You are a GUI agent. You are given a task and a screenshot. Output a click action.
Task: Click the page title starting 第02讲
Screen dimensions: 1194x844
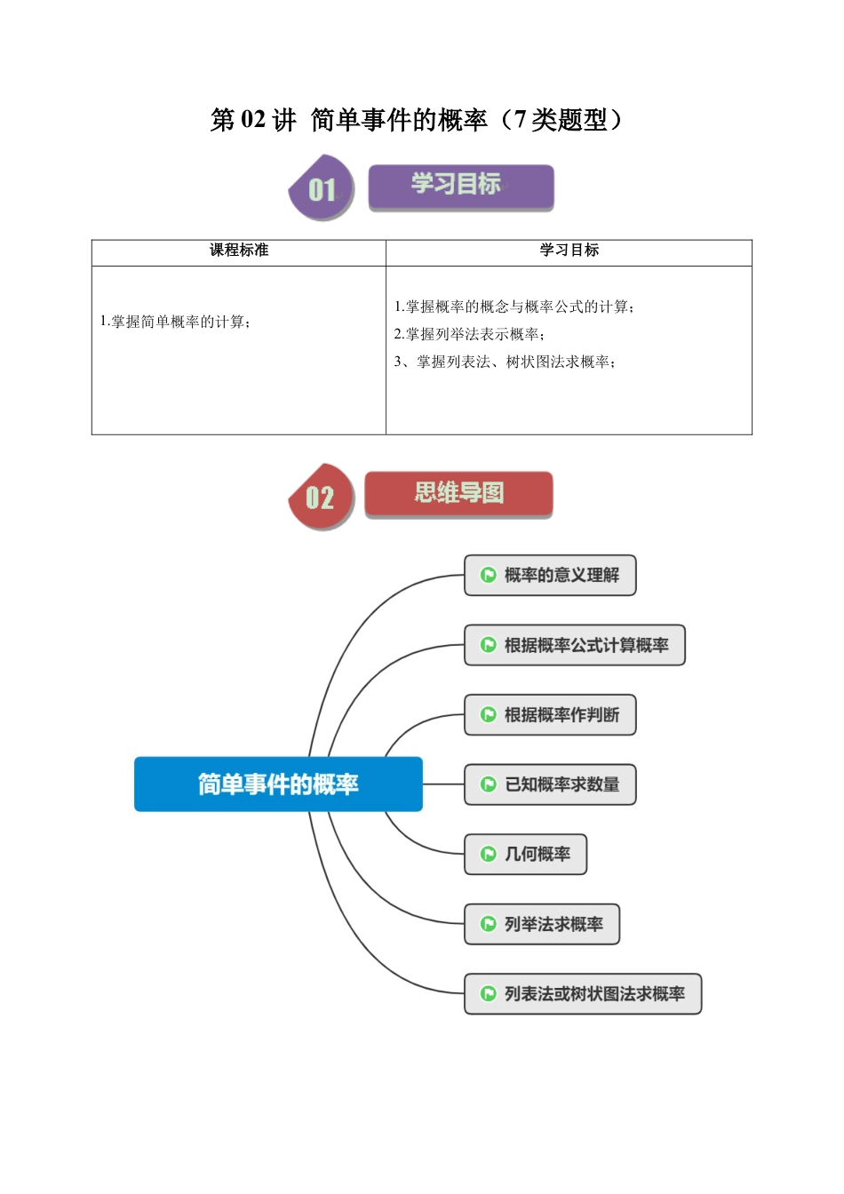click(x=417, y=120)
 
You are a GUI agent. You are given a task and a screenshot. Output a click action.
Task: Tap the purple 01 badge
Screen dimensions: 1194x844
click(x=322, y=188)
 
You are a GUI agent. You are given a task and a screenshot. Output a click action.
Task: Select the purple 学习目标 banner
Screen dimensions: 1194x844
click(x=460, y=187)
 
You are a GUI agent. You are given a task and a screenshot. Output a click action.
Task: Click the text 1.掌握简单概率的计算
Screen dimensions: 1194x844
click(x=175, y=322)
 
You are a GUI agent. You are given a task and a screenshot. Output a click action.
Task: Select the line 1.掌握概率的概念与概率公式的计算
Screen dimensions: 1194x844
click(x=514, y=306)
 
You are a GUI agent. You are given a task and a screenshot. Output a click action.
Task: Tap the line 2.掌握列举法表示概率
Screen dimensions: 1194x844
click(x=469, y=334)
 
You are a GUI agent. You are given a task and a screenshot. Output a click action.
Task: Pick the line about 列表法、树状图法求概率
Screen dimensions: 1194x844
click(x=505, y=362)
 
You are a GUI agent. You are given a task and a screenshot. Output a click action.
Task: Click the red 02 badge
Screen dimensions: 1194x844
click(x=320, y=497)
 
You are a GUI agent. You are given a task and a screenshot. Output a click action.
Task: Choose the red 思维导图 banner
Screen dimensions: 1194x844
click(x=458, y=494)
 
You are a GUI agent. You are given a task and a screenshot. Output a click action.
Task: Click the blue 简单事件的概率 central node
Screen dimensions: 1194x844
click(x=278, y=784)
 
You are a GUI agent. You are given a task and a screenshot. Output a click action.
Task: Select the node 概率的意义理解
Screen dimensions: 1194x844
click(x=550, y=576)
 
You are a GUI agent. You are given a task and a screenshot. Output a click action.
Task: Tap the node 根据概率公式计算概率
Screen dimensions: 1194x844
click(x=575, y=645)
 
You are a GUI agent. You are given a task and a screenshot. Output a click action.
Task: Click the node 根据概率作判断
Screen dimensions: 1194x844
click(x=550, y=715)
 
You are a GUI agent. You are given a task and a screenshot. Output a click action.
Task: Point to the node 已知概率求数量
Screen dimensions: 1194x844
click(x=550, y=784)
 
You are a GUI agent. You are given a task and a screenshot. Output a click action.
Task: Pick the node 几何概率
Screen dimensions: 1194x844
click(x=525, y=855)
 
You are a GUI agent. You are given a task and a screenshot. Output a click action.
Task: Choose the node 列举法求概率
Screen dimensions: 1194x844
click(x=542, y=924)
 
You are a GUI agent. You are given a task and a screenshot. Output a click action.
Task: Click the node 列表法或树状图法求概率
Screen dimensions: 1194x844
click(x=583, y=994)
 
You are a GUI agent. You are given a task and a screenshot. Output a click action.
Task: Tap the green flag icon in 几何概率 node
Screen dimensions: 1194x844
click(x=488, y=855)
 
